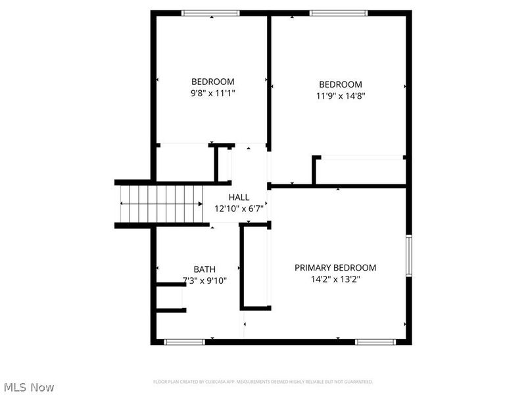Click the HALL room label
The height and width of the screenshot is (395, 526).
[x=239, y=197]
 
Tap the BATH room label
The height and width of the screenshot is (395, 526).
[x=204, y=269]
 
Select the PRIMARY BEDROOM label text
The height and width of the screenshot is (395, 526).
[x=335, y=268]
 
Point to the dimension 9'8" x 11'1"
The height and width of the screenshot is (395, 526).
[x=212, y=93]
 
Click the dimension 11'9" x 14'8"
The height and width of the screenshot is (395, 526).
[x=341, y=95]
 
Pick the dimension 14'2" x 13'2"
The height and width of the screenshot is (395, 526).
[x=335, y=279]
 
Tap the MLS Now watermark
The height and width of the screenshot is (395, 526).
[x=30, y=387]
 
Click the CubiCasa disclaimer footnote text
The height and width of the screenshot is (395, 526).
[x=263, y=382]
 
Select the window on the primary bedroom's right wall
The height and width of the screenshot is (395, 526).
[x=408, y=256]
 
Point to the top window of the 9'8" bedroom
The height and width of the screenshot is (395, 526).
[x=210, y=13]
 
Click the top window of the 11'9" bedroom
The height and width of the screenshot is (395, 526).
[x=339, y=13]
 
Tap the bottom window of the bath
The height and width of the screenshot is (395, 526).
[x=185, y=342]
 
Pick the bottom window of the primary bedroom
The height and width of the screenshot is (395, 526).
[x=375, y=342]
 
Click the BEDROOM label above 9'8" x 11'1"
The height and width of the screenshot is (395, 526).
[x=212, y=82]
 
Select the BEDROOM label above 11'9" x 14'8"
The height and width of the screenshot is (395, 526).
[x=341, y=84]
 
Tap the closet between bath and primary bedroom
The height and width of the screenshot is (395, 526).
[x=256, y=266]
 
